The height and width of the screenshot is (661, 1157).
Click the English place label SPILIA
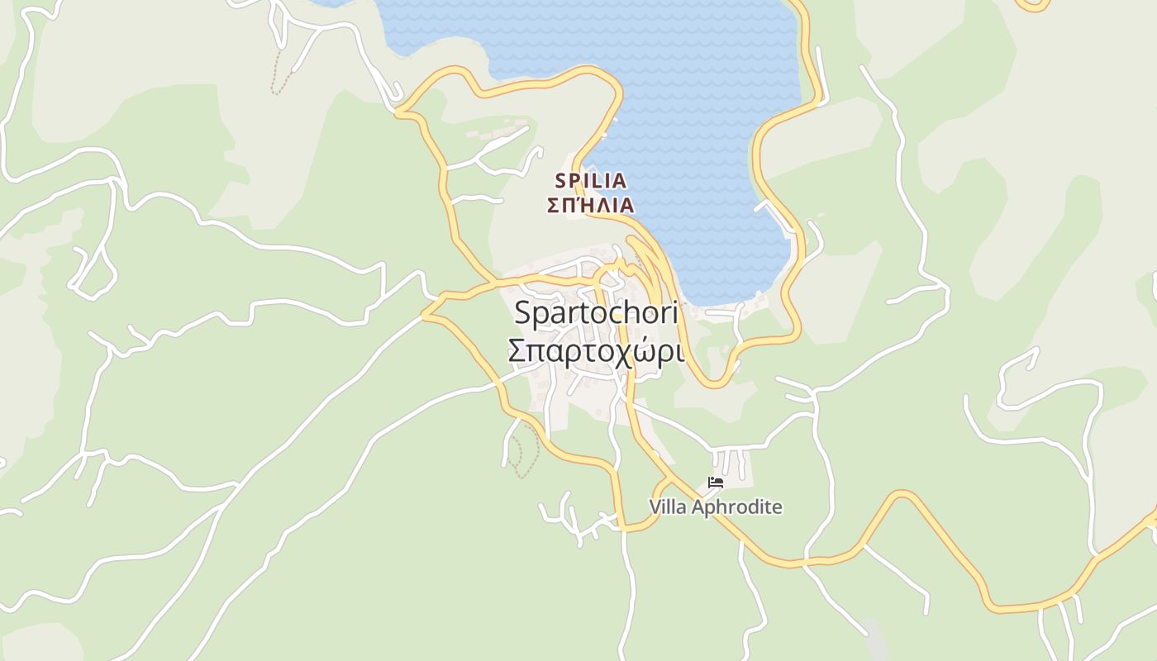590,180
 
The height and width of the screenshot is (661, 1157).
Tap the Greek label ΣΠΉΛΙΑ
590,205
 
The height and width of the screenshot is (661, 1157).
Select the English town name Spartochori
595,313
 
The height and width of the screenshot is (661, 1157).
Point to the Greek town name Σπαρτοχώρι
595,351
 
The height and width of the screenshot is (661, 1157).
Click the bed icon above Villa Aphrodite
716,483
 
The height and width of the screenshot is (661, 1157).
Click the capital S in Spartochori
522,313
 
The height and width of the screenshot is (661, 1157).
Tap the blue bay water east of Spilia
702,165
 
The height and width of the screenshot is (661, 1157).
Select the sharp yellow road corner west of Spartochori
424,314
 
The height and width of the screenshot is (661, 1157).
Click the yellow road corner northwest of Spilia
398,111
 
